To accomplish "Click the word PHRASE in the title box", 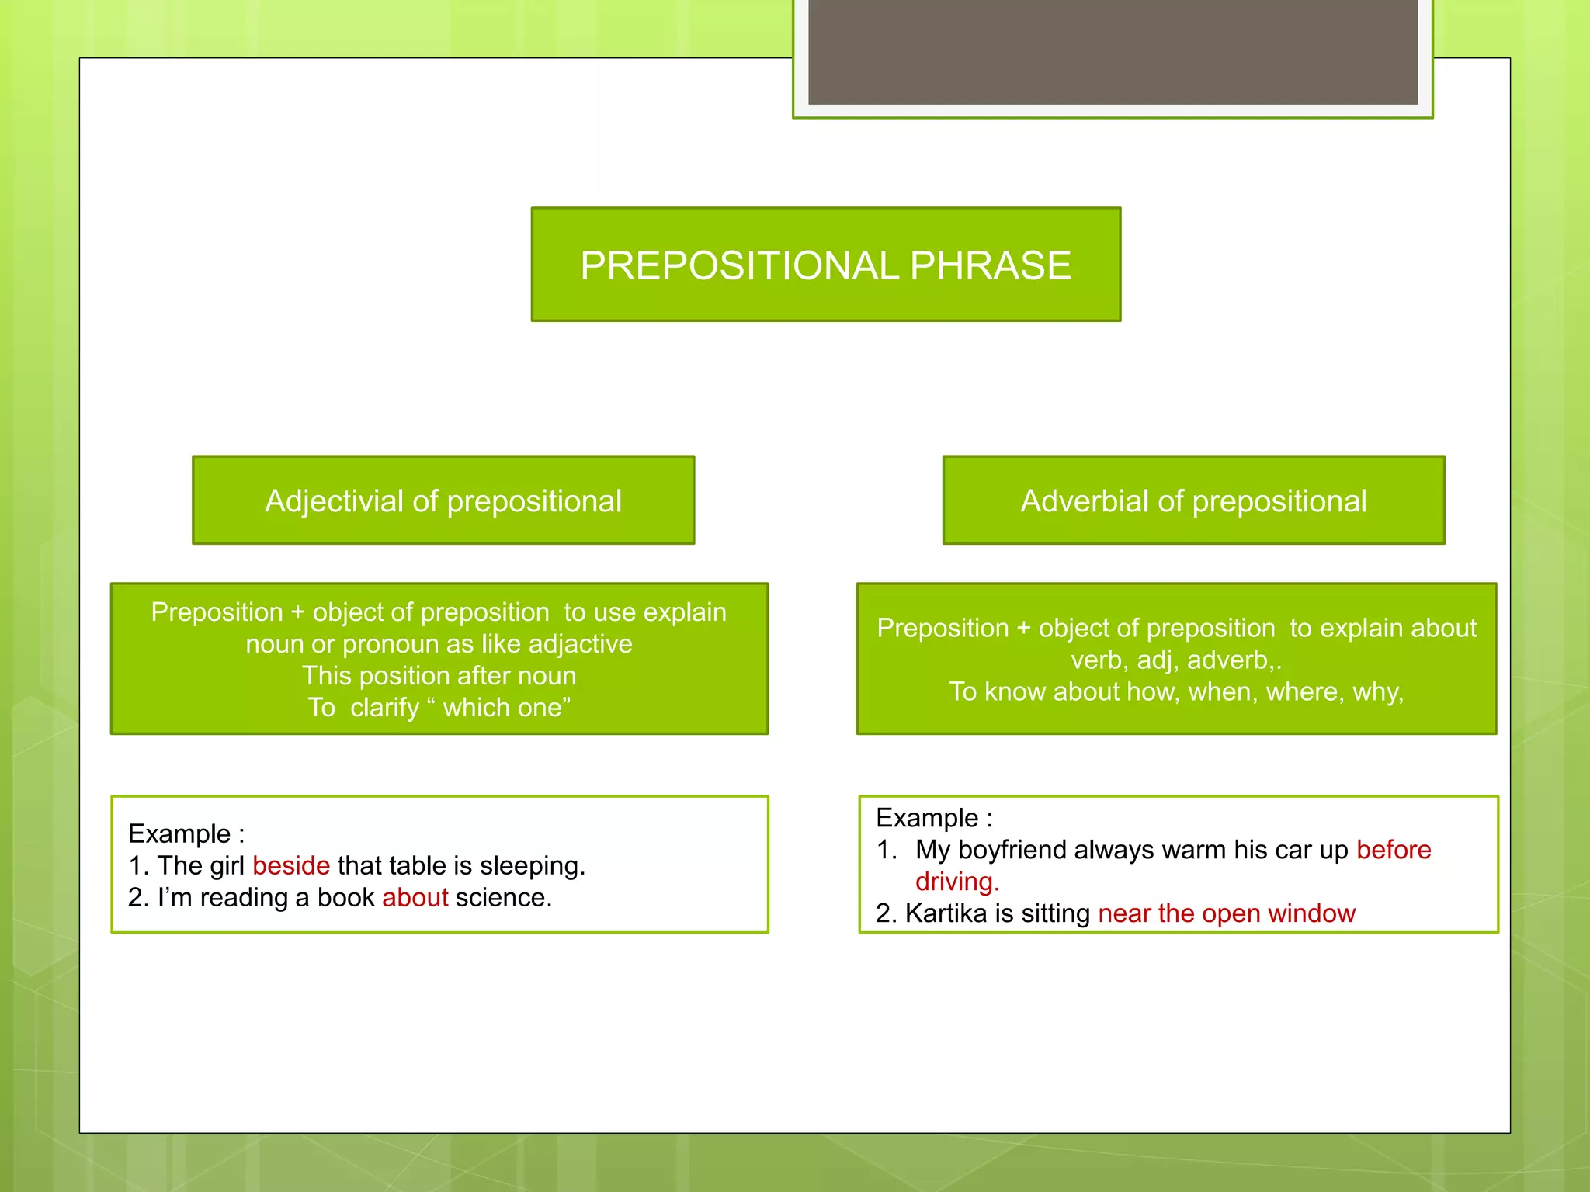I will (x=990, y=265).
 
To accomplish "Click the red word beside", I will (x=291, y=865).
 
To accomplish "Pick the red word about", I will (x=415, y=897).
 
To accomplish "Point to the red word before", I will (x=1393, y=850).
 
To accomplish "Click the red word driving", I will (x=956, y=882).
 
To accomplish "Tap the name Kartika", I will (x=946, y=913).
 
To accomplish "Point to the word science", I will (x=503, y=897).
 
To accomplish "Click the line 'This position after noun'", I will (x=439, y=676).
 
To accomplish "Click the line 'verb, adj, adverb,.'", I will (x=1175, y=660).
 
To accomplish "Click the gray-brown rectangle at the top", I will (x=1113, y=51).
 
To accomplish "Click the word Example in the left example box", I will (x=179, y=833).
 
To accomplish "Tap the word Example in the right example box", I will (x=927, y=818).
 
